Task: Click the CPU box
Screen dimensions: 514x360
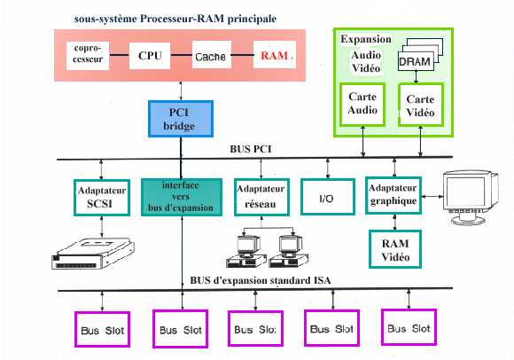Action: coord(150,55)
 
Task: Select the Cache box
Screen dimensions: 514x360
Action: coord(211,55)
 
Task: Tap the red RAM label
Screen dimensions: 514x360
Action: coord(275,55)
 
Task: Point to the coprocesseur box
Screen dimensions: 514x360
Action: coord(88,56)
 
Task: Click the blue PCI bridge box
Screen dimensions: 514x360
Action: coord(181,119)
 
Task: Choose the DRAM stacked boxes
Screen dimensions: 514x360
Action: coord(421,55)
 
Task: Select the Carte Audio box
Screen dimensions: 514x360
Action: coord(362,105)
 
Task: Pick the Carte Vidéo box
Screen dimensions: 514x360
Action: coord(421,105)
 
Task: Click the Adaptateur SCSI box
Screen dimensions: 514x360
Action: coord(102,198)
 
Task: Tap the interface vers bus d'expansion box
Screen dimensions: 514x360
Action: coord(182,197)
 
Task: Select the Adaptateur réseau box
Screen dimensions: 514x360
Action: coord(261,197)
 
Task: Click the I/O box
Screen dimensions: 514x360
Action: coord(328,197)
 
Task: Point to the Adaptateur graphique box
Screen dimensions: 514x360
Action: coord(393,195)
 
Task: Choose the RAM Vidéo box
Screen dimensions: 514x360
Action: coord(395,249)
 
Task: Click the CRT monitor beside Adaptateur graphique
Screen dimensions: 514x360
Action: coord(471,197)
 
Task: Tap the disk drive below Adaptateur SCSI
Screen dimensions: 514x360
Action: coord(93,254)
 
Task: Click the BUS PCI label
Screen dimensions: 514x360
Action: coord(251,149)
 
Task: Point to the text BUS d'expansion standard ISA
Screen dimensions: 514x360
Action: coord(261,281)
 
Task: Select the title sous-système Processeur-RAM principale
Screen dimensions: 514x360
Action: coord(175,19)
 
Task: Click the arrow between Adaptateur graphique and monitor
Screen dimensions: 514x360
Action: coord(432,196)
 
